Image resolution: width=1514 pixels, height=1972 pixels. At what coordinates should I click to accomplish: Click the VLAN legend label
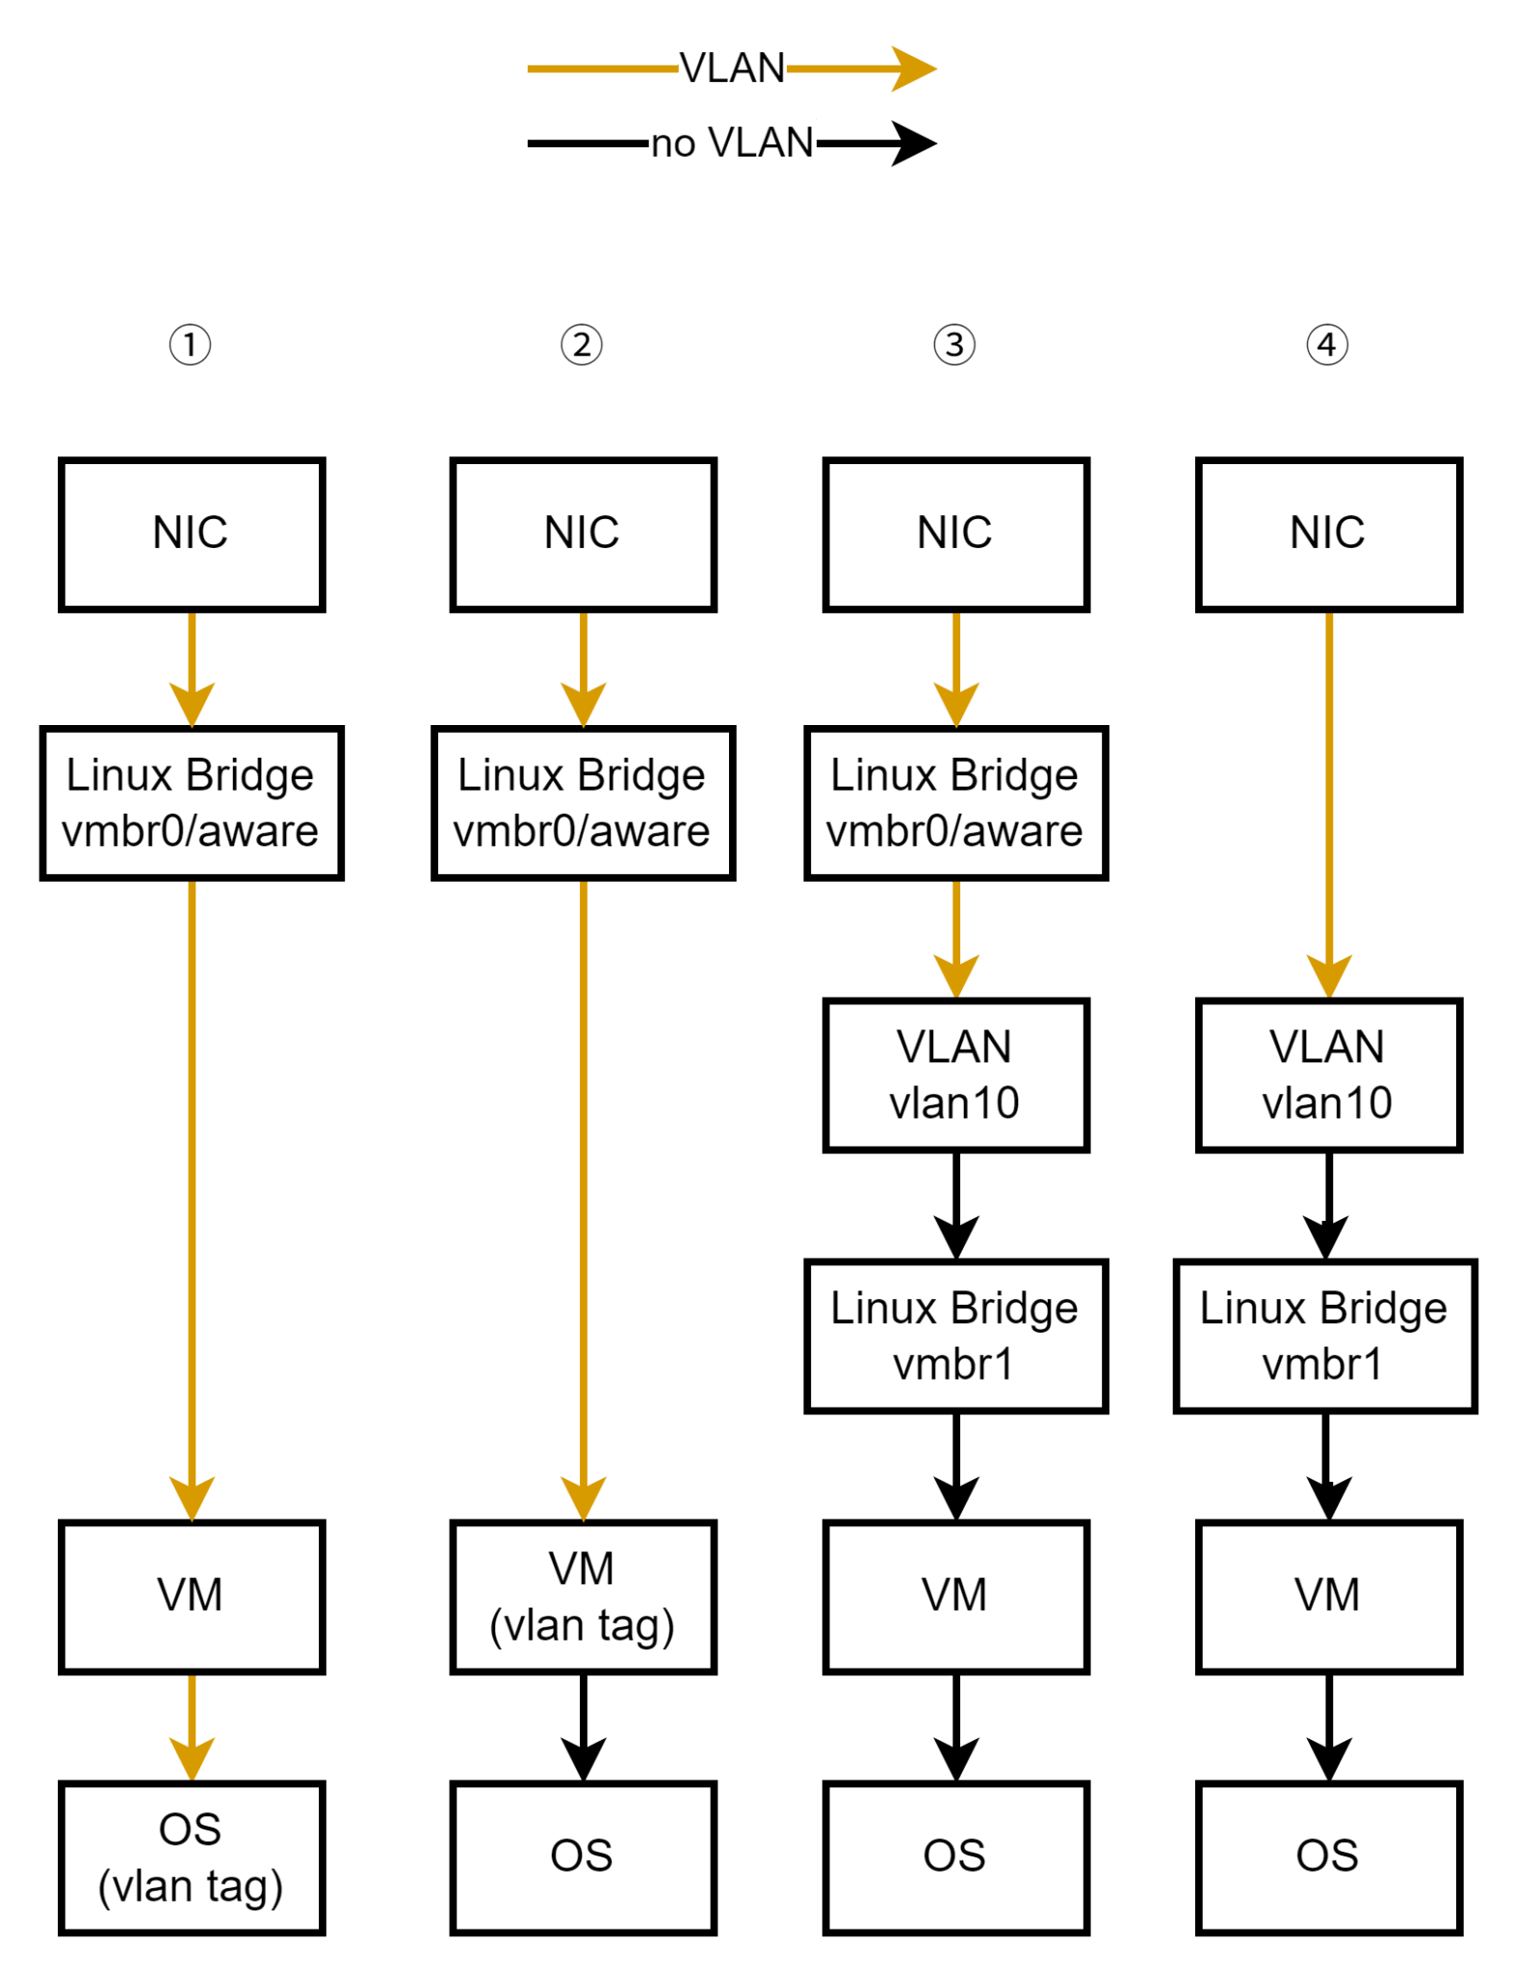coord(732,68)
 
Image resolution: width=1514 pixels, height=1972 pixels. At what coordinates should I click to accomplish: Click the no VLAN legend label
coord(732,143)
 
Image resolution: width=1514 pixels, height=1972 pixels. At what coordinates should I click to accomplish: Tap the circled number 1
coord(190,344)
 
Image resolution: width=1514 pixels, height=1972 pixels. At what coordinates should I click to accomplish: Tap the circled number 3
coord(954,344)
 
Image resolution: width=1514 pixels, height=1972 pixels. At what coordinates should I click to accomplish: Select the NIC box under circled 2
coord(583,534)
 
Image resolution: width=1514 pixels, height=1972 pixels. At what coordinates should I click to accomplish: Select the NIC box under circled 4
coord(1328,534)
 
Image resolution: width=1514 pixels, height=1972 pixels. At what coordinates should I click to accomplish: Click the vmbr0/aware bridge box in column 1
coord(191,803)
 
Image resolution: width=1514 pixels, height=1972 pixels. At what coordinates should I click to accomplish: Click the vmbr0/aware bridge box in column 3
coord(955,803)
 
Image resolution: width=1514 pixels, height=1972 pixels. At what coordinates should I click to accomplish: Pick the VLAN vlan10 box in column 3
coord(955,1075)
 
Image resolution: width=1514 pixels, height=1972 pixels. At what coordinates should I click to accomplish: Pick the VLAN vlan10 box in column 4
coord(1328,1075)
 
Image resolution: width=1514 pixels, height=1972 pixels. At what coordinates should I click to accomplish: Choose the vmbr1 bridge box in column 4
coord(1324,1336)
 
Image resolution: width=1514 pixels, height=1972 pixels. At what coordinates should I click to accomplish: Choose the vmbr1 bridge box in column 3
coord(955,1336)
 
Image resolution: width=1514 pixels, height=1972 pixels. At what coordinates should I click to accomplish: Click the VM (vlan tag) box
coord(583,1597)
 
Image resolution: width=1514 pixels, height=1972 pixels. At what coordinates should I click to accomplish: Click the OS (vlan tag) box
coord(191,1857)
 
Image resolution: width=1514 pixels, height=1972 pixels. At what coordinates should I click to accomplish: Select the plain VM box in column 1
coord(191,1597)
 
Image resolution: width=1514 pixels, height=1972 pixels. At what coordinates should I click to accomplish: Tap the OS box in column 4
coord(1328,1857)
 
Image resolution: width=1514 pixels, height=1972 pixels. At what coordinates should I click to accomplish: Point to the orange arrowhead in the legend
coord(913,68)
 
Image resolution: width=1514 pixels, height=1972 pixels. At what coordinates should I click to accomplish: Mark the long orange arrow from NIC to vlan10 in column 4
coord(1329,799)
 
